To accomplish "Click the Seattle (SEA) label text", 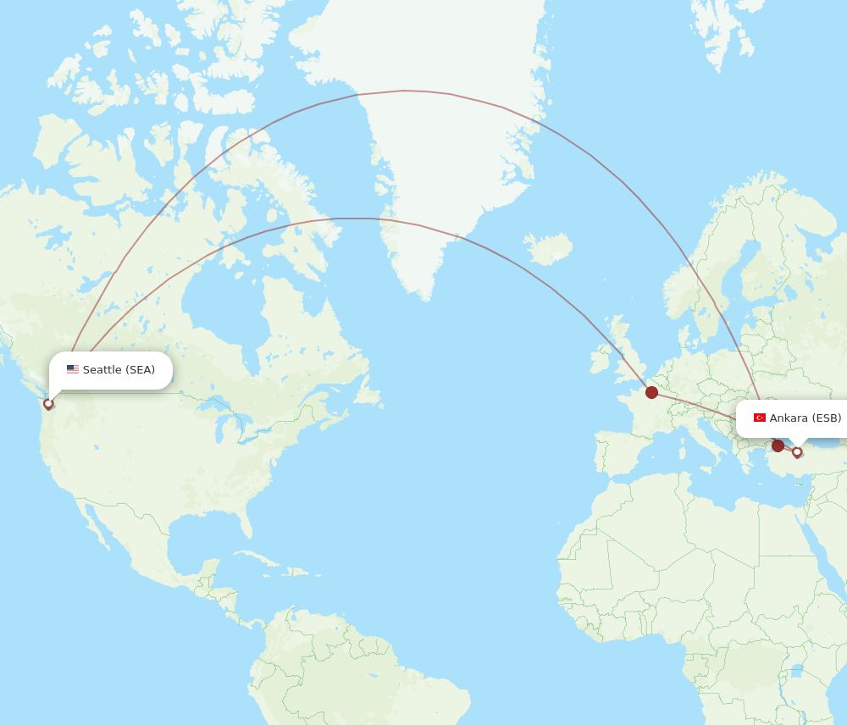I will [119, 370].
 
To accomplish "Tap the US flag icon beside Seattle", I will [73, 370].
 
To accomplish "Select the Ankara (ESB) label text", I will [805, 418].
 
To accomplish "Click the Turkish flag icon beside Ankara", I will [760, 418].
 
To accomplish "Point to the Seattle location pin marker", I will [48, 404].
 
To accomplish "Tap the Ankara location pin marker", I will [797, 452].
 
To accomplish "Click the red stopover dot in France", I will [651, 392].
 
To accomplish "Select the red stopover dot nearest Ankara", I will [778, 446].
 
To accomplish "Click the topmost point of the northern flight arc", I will [405, 91].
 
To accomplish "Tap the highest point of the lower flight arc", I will [356, 219].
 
